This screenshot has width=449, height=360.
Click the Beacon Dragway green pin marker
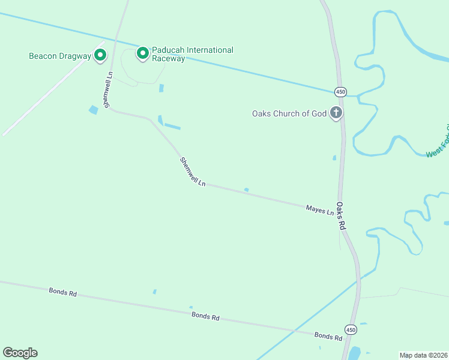tap(100, 56)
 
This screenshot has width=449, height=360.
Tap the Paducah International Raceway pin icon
tap(143, 54)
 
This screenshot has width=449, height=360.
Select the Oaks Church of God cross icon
tap(336, 113)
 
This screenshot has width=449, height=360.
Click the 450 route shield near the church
tap(341, 92)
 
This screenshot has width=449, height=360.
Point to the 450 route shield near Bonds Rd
tap(350, 329)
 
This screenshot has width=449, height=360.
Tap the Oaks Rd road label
tap(342, 216)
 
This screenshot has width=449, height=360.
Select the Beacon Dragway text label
tap(60, 56)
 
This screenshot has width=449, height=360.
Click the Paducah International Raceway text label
tap(192, 54)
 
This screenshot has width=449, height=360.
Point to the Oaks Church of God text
tap(289, 113)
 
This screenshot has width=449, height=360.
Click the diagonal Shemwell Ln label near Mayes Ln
tap(193, 172)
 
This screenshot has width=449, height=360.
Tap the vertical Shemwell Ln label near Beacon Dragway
tap(108, 90)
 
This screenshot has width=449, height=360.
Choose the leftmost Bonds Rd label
tap(62, 293)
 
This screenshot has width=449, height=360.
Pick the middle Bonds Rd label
tap(205, 316)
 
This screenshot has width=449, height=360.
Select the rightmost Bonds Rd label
tap(328, 336)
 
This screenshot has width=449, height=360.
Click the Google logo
tap(20, 353)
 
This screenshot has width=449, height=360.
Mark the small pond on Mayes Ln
tap(247, 190)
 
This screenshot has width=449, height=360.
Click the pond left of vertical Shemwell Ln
tap(94, 110)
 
